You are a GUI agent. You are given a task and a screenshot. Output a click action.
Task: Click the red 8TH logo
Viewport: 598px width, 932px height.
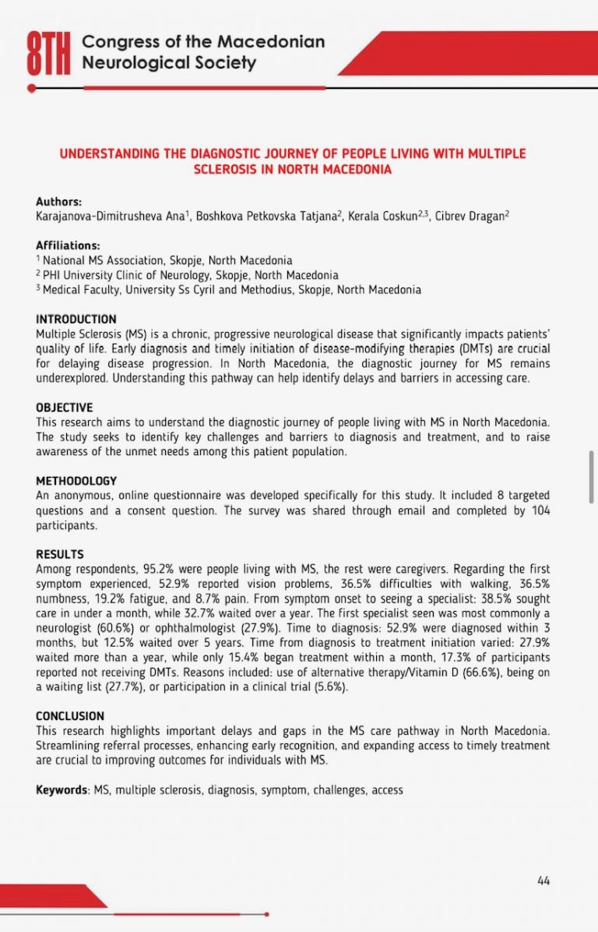(x=49, y=55)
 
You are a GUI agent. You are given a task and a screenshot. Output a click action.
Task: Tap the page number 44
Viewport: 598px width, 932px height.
(x=543, y=881)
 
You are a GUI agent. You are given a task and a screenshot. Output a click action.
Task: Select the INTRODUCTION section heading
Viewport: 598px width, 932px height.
(x=76, y=319)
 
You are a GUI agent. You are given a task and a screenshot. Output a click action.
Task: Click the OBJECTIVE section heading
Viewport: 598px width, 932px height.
(x=65, y=408)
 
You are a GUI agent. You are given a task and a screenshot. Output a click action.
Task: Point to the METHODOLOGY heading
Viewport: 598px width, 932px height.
(x=76, y=481)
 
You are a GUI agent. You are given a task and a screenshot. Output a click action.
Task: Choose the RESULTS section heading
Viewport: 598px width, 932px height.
(x=60, y=554)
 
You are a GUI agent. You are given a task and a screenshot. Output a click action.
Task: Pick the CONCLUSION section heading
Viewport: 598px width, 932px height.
(x=70, y=715)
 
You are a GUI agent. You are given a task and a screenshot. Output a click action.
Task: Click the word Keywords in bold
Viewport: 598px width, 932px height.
(x=62, y=789)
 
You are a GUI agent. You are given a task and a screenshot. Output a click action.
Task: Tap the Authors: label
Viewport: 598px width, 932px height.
(x=58, y=201)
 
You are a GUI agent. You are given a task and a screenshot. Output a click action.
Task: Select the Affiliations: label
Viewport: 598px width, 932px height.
(x=68, y=245)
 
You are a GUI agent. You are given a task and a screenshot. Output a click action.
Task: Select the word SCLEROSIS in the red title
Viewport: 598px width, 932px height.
(x=226, y=168)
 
